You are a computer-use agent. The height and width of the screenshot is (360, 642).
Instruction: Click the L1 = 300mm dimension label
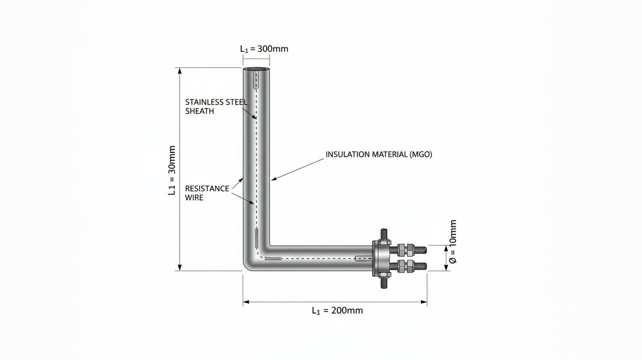(264, 49)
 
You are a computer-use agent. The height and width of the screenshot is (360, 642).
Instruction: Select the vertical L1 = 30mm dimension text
(172, 170)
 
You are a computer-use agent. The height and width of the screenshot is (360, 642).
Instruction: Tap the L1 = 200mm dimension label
(337, 311)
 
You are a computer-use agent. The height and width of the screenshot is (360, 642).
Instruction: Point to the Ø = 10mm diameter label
(453, 242)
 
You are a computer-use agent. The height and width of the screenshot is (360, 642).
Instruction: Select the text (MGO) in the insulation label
(420, 155)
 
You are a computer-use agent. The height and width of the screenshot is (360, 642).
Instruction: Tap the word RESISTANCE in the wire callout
(207, 189)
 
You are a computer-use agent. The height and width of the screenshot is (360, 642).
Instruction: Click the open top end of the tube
(256, 69)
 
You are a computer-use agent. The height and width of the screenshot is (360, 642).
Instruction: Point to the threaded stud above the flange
(384, 234)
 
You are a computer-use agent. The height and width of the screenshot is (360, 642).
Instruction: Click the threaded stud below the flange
(384, 282)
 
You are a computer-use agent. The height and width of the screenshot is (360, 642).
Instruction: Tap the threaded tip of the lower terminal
(420, 266)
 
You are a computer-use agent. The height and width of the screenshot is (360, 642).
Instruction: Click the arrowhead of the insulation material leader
(274, 180)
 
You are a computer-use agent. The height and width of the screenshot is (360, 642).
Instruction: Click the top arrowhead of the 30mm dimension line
(180, 71)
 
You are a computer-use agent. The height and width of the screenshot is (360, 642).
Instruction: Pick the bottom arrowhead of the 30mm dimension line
(180, 268)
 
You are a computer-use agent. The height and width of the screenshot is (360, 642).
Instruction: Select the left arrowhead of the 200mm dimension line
(246, 302)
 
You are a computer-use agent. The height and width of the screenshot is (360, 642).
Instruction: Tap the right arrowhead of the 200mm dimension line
(424, 302)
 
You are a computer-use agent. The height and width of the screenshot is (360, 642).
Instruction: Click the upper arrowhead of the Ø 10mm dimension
(446, 248)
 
